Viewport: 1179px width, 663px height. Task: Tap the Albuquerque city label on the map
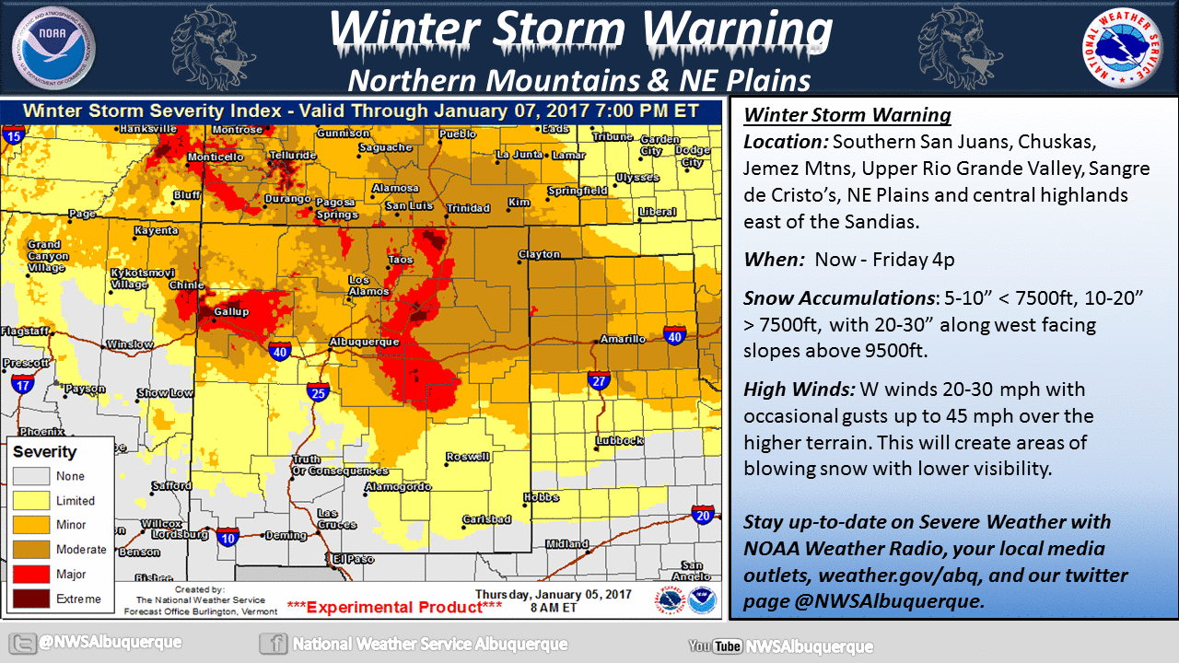point(365,342)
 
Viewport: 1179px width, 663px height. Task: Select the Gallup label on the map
point(231,312)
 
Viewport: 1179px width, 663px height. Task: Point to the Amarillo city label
point(623,339)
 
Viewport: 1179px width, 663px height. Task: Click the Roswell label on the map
point(468,457)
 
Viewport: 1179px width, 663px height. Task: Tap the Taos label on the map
point(401,260)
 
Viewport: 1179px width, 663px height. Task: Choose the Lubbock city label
point(618,440)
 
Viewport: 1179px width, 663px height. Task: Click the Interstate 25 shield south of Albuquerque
point(319,391)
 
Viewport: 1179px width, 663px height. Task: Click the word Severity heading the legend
point(44,452)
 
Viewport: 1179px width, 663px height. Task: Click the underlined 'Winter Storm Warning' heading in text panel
point(847,116)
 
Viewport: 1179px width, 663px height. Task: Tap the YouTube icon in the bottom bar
point(715,646)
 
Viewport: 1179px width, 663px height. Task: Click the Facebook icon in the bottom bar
point(272,644)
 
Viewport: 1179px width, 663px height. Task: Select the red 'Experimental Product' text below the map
point(394,607)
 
